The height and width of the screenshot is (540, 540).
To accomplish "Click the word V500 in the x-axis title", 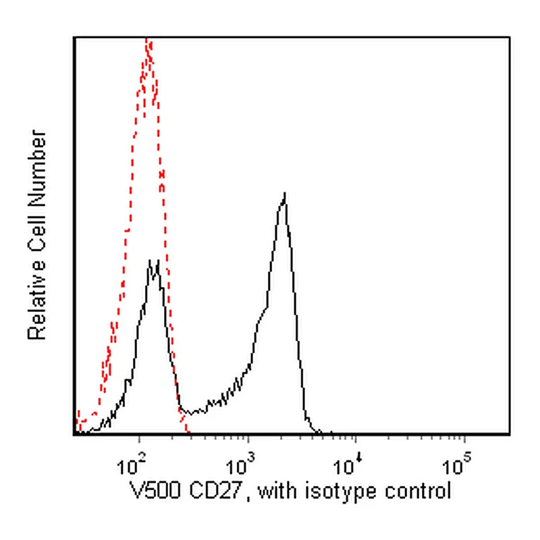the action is pos(155,491).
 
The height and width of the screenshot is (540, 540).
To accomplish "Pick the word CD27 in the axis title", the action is pos(215,491).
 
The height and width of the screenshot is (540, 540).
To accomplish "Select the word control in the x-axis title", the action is pos(418,491).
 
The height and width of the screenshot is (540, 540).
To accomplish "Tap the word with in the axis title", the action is pos(277,491).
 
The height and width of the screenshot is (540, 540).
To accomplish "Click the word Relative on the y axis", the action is pos(37,300).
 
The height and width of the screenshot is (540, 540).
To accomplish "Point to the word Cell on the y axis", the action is pos(37,234).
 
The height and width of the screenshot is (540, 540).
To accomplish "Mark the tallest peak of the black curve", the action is pos(285,194).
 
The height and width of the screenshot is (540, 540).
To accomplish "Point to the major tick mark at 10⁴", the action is pos(356,439).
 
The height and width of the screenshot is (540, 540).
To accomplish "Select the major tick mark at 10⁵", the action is pos(464,439).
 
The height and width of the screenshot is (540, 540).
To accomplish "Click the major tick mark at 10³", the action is pos(248,439).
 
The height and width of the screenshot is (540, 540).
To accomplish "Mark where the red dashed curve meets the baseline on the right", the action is pos(188,433).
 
